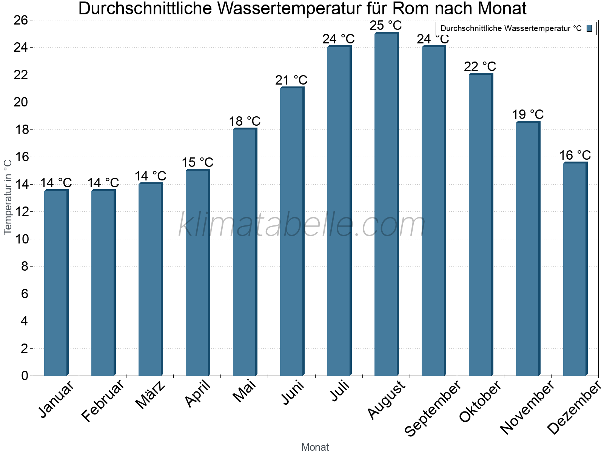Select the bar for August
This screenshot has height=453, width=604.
pos(386,204)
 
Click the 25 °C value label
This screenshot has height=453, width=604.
pos(386,26)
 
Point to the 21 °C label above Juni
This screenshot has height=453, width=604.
pos(291,80)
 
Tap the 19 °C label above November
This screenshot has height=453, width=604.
pos(528,114)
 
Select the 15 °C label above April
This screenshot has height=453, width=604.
pos(197,163)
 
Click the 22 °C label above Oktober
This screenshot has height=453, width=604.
pos(480,67)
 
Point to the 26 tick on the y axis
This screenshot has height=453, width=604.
pos(21,20)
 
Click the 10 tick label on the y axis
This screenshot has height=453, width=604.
pos(21,239)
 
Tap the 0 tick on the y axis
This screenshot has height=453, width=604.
pos(25,376)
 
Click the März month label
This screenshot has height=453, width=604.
pos(151,395)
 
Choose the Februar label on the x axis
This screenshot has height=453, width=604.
pos(103,401)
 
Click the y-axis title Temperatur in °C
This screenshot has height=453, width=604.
pos(8,197)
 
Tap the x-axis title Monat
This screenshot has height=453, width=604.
pos(315,447)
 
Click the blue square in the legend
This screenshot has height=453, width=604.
pos(590,28)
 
